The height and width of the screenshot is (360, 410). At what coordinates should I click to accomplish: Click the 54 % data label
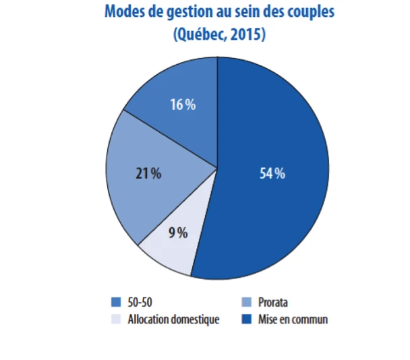[x=272, y=173]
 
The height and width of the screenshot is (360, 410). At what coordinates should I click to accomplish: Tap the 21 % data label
[x=148, y=173]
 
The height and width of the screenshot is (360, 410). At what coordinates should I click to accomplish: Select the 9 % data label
[x=178, y=233]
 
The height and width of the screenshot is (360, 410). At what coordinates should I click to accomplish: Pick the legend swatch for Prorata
[x=247, y=302]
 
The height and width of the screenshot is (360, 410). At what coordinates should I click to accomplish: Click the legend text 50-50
[x=139, y=302]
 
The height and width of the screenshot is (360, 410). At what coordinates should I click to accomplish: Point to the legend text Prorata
[x=273, y=302]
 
